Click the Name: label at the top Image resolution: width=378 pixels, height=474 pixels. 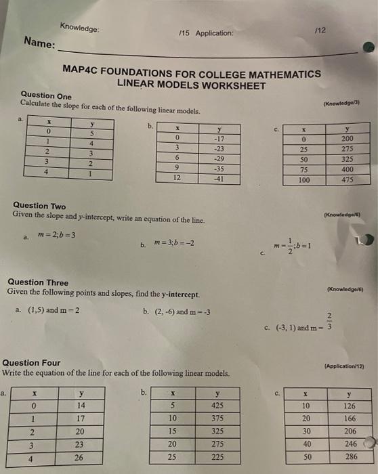[39, 43]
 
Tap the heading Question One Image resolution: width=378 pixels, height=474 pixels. [45, 96]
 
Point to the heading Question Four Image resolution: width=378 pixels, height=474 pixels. [31, 363]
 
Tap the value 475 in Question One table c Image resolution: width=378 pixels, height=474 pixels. [347, 179]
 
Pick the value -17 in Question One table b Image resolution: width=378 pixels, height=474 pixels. [219, 137]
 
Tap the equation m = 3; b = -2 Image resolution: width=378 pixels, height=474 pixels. [175, 243]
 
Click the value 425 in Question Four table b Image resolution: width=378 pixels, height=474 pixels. [217, 405]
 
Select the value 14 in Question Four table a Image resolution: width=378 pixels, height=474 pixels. [81, 405]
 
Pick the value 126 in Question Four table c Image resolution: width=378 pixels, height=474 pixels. [350, 406]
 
